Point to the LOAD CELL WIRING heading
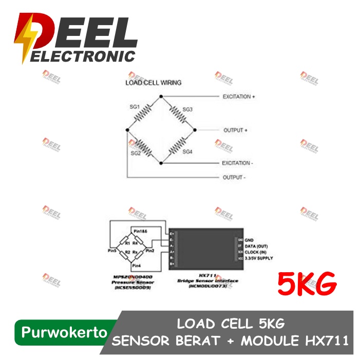154,82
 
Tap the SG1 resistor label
135,107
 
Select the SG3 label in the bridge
187,109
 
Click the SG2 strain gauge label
136,153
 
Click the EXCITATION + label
238,97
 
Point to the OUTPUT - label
234,178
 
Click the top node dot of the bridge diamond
161,97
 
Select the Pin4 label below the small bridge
136,266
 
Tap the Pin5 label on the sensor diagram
112,251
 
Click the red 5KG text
307,283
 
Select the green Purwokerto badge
61,333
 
